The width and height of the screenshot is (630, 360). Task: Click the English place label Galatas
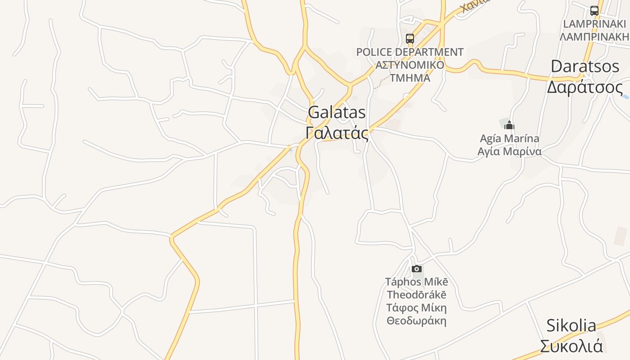(337, 112)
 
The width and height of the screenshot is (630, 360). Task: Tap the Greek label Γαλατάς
(337, 133)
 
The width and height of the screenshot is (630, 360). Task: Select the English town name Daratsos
(585, 67)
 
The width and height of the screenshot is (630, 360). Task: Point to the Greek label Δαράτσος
(585, 87)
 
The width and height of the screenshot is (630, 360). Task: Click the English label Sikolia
(571, 325)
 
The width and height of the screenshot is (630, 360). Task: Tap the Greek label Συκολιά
(571, 346)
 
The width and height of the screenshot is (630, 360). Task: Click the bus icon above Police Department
(410, 39)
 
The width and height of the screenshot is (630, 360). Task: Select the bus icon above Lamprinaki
(594, 11)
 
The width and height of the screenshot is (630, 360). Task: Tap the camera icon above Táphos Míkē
(417, 269)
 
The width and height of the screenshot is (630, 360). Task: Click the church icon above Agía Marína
(509, 125)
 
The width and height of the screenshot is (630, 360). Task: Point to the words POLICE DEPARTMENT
(409, 52)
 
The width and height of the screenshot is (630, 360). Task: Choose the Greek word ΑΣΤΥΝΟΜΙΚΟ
(409, 65)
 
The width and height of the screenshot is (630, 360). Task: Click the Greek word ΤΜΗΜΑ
(409, 78)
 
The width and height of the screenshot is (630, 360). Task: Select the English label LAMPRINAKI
(594, 24)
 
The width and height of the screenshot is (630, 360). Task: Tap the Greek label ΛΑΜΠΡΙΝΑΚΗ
(594, 36)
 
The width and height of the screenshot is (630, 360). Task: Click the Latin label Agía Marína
(509, 139)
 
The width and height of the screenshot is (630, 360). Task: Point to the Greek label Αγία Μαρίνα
(509, 152)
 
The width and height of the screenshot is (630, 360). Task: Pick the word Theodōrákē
(417, 295)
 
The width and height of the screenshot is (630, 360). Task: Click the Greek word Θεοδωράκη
(417, 321)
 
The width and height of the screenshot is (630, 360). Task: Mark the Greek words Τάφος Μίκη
(417, 308)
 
